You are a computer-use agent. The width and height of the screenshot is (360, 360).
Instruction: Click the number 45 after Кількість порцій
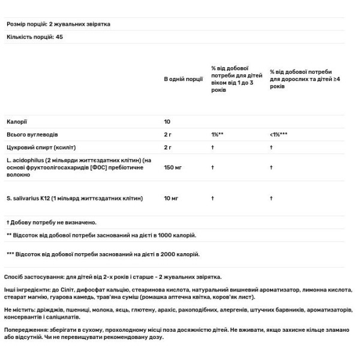click(59, 37)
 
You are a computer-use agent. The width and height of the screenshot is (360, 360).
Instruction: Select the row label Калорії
click(16, 121)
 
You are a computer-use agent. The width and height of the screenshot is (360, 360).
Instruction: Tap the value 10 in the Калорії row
click(167, 121)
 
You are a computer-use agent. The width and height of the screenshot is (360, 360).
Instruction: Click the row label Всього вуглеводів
click(32, 134)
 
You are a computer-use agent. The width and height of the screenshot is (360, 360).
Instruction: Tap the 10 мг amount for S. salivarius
click(172, 198)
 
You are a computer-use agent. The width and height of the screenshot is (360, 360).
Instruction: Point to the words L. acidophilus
click(23, 160)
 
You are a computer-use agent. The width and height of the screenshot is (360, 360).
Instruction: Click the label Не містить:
click(22, 310)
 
